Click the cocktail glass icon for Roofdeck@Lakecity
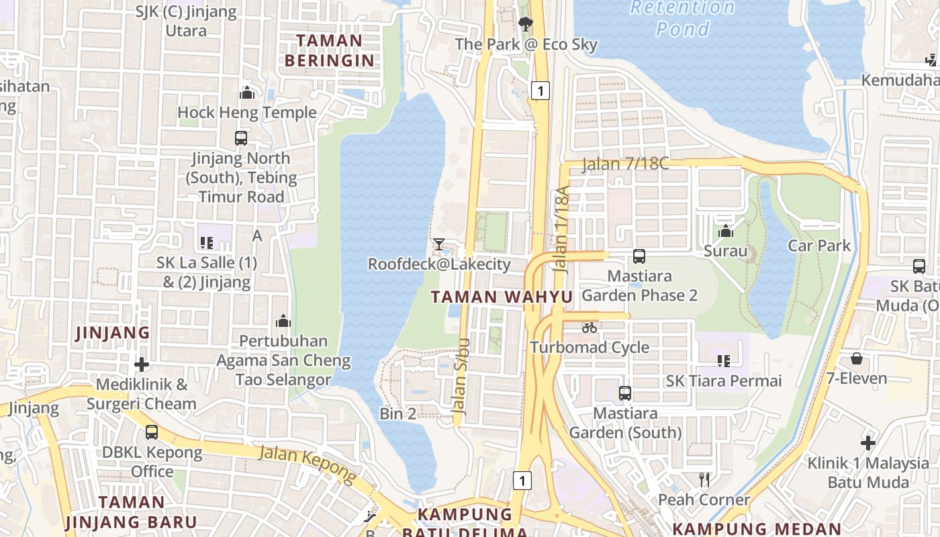(439, 244)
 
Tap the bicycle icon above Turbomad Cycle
(590, 328)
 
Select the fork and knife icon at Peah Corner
(704, 480)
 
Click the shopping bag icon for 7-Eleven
(856, 358)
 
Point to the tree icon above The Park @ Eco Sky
(525, 25)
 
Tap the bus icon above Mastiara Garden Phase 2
(639, 256)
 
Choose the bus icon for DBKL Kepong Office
(152, 432)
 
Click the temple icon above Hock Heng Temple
(247, 93)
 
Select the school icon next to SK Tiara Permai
(723, 361)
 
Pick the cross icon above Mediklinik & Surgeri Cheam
(142, 364)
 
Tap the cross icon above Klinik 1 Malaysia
(868, 443)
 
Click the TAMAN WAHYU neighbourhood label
(502, 297)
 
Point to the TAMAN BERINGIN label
(329, 50)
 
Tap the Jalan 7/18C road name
(625, 164)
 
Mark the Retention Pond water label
(683, 18)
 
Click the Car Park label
(819, 246)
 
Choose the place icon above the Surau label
(725, 232)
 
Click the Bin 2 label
(397, 413)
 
